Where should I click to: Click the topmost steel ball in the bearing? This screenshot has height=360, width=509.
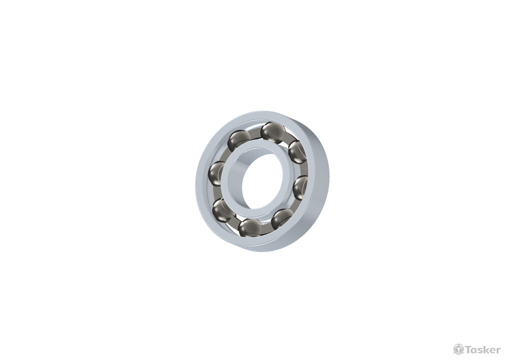click(x=273, y=132)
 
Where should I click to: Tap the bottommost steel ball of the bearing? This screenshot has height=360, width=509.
click(x=250, y=228)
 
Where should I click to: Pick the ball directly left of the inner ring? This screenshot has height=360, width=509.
click(x=216, y=174)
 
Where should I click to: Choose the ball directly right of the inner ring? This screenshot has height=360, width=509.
click(x=300, y=187)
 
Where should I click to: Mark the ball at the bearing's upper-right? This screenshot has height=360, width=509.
click(x=297, y=152)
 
